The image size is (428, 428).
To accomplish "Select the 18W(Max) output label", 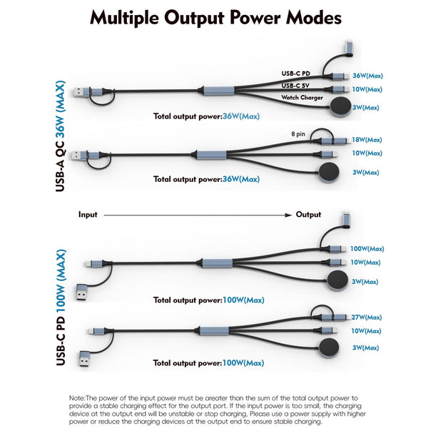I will tap(367, 140).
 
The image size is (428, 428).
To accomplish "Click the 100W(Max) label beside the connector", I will tap(367, 249).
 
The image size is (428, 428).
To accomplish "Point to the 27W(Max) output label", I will tap(367, 316).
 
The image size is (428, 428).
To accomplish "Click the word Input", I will tap(88, 214).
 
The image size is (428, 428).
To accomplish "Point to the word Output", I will tap(309, 214).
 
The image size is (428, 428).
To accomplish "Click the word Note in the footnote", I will tap(77, 397).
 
